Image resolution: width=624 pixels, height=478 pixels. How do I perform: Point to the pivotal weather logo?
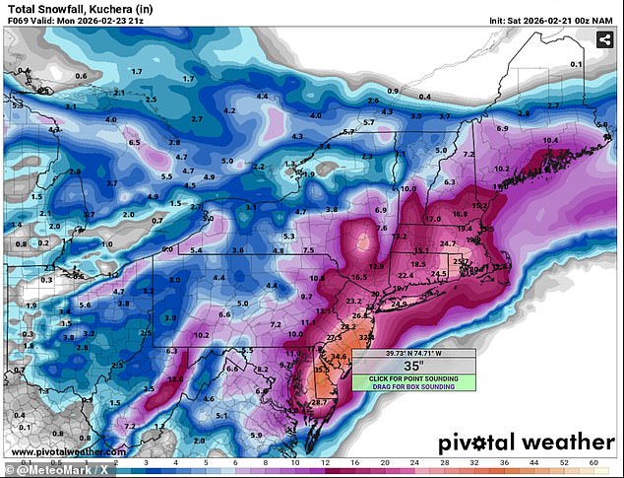click(526, 442)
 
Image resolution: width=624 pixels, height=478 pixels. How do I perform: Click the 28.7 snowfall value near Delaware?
click(319, 402)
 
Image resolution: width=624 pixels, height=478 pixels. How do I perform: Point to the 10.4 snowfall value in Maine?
click(550, 141)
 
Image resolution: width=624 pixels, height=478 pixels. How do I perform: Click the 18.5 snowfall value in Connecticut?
click(418, 264)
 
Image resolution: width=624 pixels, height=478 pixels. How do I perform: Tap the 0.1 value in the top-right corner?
click(603, 64)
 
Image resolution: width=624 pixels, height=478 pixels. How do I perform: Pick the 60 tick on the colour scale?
click(593, 461)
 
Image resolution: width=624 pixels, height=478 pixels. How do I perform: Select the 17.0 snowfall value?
click(432, 218)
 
